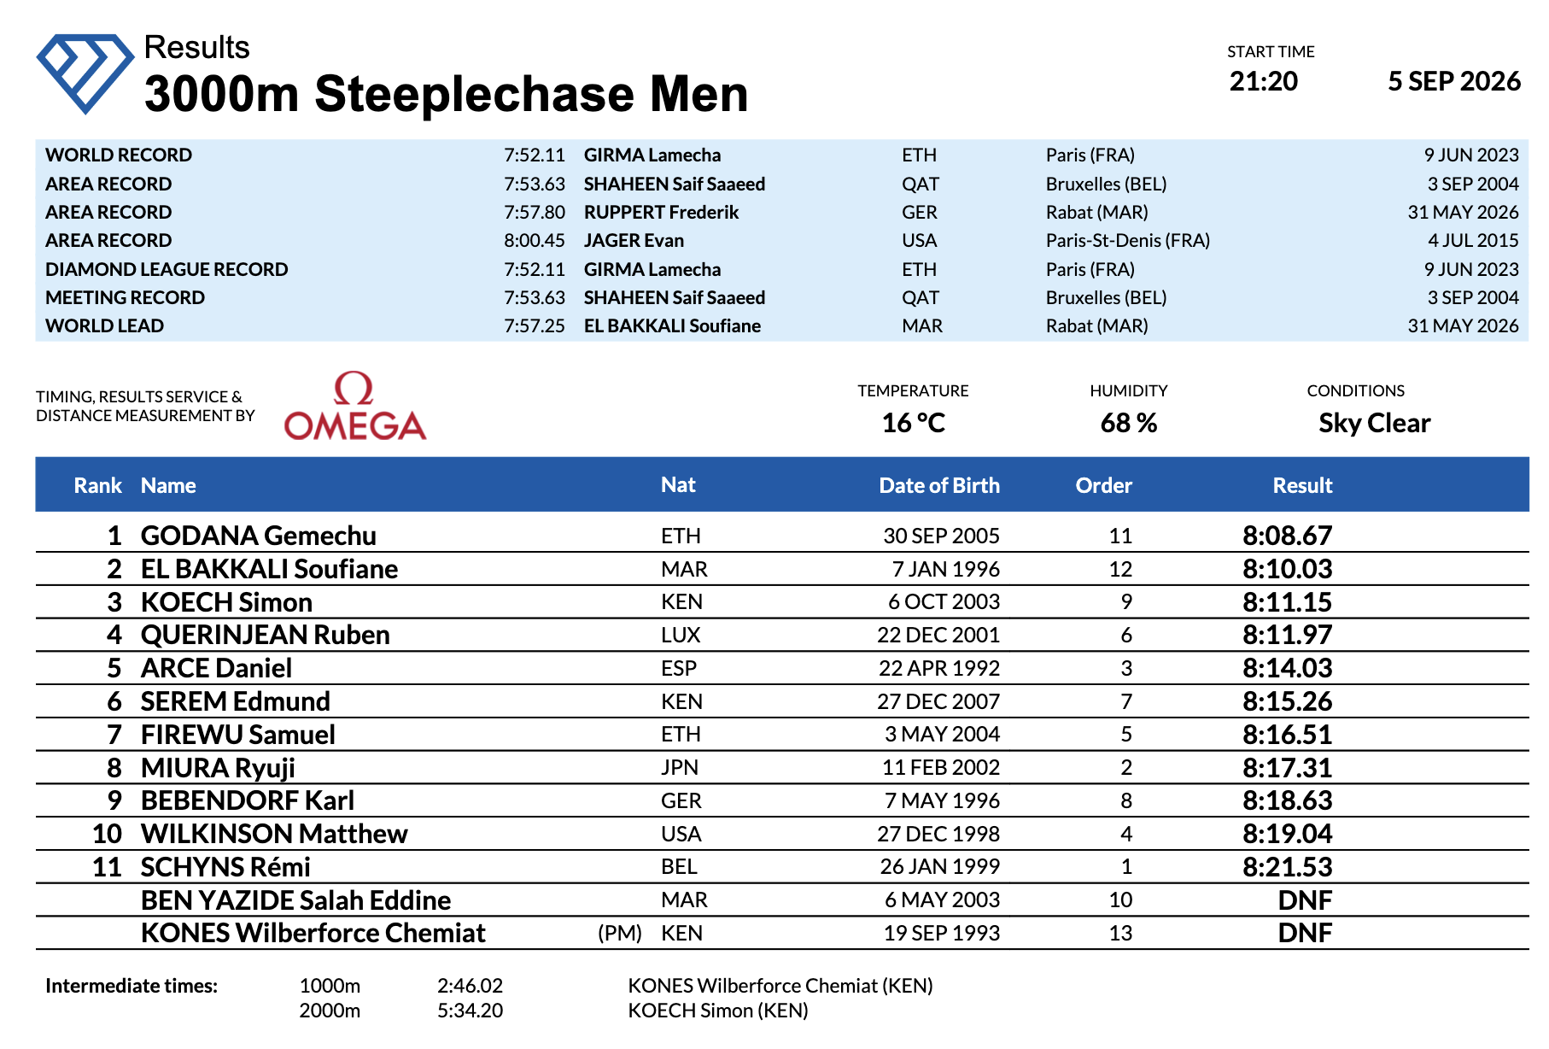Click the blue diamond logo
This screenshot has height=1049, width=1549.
click(x=85, y=73)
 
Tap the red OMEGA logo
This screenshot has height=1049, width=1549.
click(x=354, y=406)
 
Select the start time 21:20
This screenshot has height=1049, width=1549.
click(x=1263, y=81)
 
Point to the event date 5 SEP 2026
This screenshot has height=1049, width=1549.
click(x=1454, y=81)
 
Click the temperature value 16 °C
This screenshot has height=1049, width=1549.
click(x=913, y=423)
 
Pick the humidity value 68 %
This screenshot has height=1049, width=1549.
click(x=1128, y=423)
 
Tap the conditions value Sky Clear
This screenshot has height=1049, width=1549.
click(x=1374, y=423)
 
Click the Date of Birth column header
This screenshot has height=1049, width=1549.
click(x=939, y=485)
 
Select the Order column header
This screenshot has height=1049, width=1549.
click(x=1103, y=485)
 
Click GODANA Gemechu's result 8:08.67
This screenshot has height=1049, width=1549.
click(x=1287, y=536)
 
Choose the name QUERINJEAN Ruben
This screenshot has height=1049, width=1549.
click(x=265, y=635)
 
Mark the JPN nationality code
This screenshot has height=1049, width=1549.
click(x=680, y=767)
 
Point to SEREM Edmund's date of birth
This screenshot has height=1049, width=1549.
click(x=938, y=701)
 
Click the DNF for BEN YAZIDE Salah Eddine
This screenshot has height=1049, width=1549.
click(x=1305, y=900)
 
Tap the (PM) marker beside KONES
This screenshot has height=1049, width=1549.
click(x=620, y=933)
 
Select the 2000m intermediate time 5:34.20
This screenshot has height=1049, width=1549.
click(x=470, y=1011)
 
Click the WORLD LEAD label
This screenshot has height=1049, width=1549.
click(x=104, y=325)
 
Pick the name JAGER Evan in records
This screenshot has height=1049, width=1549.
click(x=634, y=240)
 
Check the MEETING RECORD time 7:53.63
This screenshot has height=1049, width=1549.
click(x=534, y=297)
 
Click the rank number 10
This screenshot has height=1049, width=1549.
click(x=107, y=834)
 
